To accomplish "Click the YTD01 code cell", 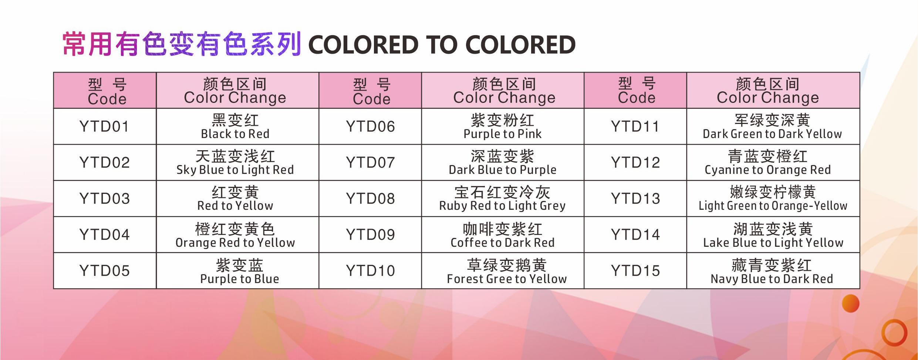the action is pos(105,126).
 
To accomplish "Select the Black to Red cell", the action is pos(237,126).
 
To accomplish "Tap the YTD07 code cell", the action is pos(370,162).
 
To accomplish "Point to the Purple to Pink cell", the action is pos(503,126).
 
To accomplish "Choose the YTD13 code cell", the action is pos(635,198).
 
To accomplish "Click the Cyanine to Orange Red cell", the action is pos(773,162).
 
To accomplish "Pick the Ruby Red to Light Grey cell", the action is pos(503,198).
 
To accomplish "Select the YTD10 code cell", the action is pos(370,270).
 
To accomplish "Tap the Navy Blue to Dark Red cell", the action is pos(773,270).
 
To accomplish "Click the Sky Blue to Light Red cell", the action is pos(237,162).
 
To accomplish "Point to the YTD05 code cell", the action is pos(105,270).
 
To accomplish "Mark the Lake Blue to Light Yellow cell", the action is pos(773,235).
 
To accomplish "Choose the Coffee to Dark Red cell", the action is pos(503,235).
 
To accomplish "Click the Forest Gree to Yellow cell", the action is pos(503,270).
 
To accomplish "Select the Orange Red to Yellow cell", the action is pos(237,235).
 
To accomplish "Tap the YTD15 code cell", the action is pos(635,270).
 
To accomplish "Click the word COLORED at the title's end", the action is pos(520,45).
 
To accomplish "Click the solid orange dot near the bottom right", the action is pos(850,303).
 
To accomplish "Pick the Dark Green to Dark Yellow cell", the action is pos(773,126).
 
